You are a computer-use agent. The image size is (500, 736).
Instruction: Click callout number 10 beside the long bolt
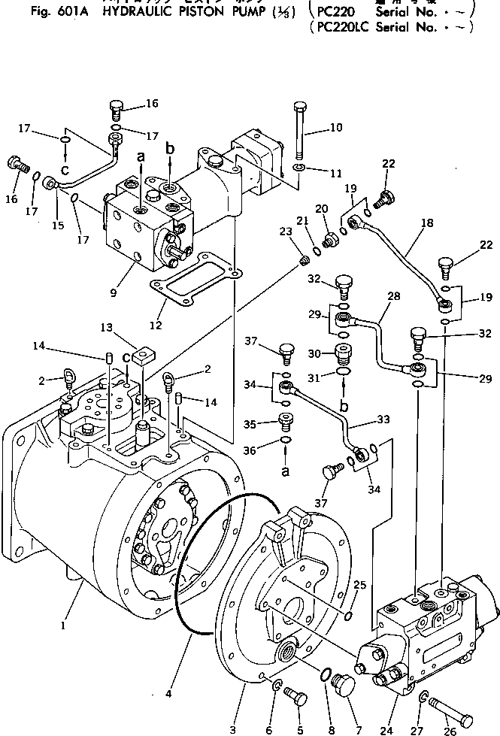[335, 128]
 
